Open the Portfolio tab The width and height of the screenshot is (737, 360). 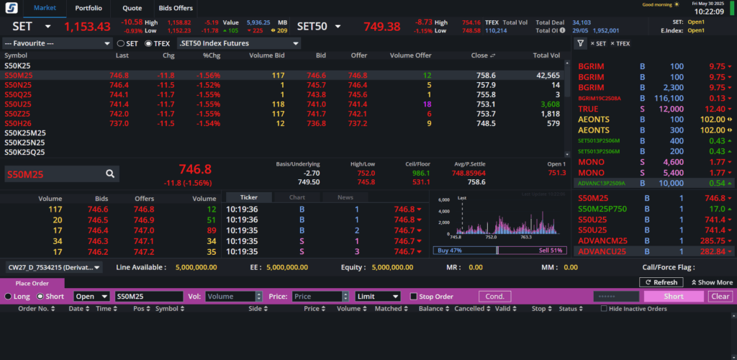89,8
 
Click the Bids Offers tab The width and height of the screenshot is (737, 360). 176,8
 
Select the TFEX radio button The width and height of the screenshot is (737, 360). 148,44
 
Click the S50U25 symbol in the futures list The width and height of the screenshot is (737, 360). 18,104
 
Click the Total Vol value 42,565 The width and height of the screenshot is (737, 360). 548,75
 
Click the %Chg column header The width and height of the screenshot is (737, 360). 212,55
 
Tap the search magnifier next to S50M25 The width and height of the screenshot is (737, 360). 110,174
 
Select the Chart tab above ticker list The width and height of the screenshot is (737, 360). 297,197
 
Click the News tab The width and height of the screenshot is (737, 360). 345,197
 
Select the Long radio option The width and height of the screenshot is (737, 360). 9,297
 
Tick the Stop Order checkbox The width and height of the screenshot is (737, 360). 414,297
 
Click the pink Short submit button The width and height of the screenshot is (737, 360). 674,297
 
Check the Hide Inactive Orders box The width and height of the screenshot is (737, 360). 604,309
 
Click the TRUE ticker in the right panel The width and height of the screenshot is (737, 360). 588,109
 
